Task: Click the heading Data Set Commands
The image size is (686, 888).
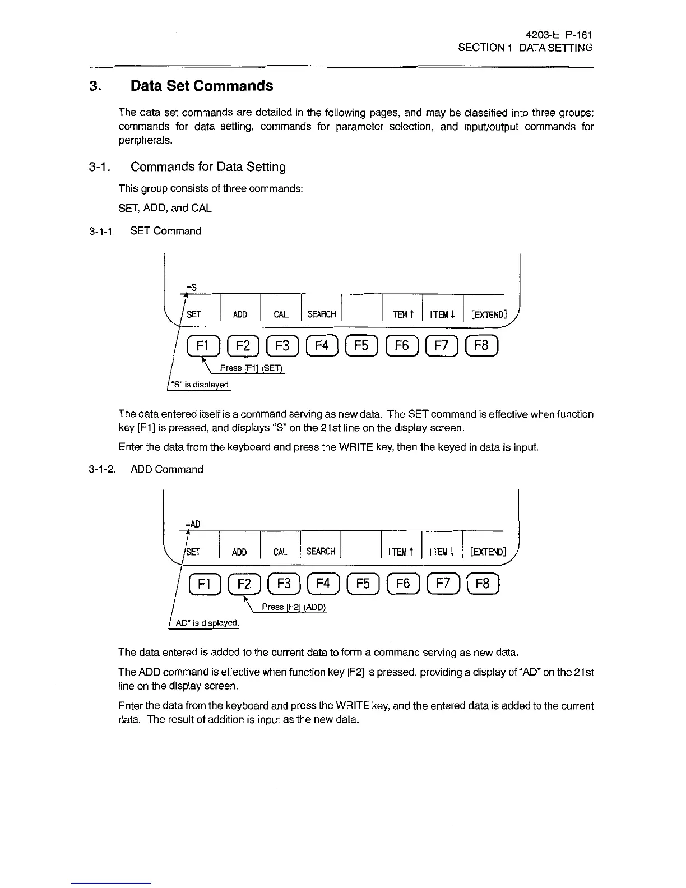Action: tap(202, 86)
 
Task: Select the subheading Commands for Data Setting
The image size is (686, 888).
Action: tap(208, 167)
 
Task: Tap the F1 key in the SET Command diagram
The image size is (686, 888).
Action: tap(201, 346)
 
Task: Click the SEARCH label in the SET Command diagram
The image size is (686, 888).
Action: tap(321, 314)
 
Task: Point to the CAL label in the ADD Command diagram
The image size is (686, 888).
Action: tap(280, 552)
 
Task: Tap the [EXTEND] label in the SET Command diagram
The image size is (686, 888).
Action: tap(486, 314)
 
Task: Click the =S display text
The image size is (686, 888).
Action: tap(191, 287)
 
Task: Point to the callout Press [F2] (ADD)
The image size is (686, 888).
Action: tap(294, 607)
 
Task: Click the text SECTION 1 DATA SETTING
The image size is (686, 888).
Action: tap(525, 48)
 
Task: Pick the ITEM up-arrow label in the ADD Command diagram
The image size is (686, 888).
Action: tap(401, 552)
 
